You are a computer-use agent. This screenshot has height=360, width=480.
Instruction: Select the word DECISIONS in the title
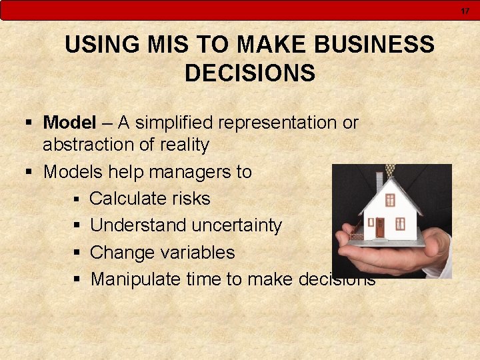tap(249, 73)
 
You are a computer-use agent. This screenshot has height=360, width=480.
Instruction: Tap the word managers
tap(177, 171)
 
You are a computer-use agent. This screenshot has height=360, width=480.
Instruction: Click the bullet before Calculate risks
tap(77, 199)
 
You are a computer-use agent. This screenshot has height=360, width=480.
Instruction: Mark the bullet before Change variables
tap(77, 253)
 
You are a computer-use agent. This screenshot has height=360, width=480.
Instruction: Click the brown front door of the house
tap(380, 228)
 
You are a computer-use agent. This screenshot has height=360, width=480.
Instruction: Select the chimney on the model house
tap(379, 181)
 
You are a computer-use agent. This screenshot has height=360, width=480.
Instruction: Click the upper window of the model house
tap(390, 199)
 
